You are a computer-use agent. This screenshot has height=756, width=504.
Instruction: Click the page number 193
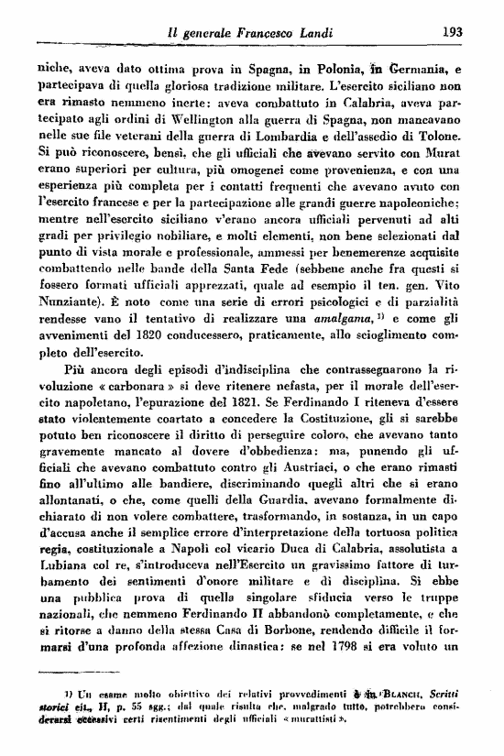(x=450, y=30)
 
